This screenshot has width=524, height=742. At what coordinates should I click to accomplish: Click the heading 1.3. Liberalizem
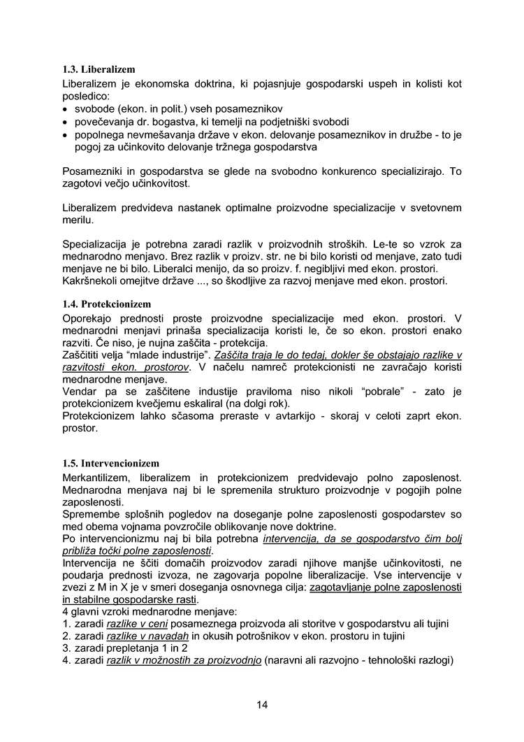(x=99, y=70)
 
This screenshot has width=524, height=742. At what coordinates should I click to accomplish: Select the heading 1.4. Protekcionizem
(x=107, y=304)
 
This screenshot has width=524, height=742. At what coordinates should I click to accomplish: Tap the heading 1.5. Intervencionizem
(x=110, y=463)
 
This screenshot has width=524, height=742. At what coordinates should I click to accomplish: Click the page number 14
(x=262, y=704)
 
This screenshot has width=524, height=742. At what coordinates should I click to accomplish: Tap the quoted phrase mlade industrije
(x=167, y=355)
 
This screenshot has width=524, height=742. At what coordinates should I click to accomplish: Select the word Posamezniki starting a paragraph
(x=96, y=171)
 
